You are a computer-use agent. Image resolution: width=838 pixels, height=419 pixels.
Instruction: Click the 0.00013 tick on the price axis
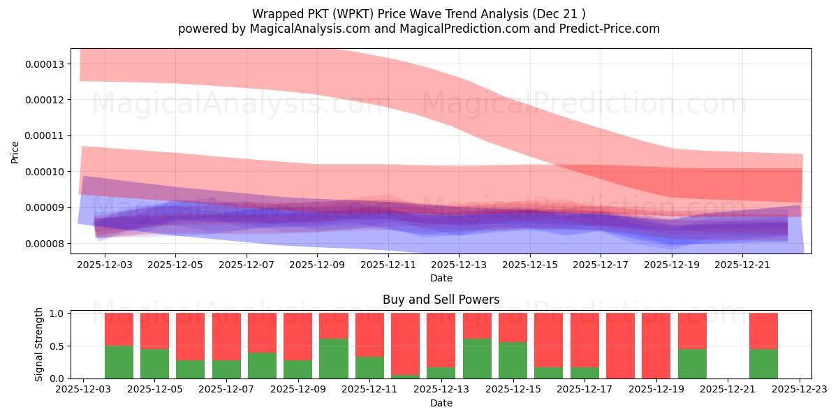[45, 64]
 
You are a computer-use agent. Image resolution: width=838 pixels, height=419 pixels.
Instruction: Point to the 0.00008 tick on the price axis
[45, 244]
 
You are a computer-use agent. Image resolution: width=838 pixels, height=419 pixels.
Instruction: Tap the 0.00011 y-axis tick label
[45, 136]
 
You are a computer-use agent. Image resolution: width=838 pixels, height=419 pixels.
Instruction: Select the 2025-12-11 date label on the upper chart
[388, 265]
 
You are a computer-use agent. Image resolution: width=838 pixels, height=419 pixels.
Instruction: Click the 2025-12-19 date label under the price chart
[672, 265]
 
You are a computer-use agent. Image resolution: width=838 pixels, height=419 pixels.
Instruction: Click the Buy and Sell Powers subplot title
[441, 300]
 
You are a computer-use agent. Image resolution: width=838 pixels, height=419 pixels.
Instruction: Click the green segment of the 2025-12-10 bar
[334, 358]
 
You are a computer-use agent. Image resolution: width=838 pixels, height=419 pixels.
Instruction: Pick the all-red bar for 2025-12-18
[620, 346]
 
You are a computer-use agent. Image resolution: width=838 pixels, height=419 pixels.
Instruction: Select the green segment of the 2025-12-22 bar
[763, 363]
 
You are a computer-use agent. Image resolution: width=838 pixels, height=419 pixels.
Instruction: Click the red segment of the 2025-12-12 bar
[405, 342]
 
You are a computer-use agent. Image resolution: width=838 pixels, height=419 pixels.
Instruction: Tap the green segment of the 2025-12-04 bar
[119, 362]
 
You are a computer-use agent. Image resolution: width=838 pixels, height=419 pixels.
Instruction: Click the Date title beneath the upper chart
[441, 278]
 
